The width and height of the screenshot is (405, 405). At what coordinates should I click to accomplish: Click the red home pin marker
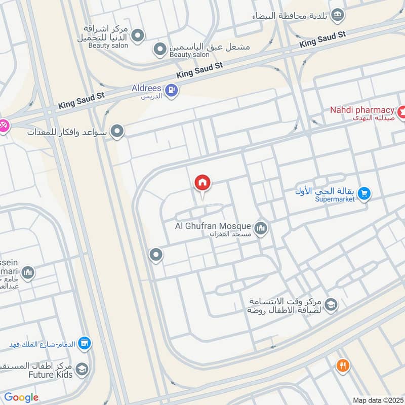[x=202, y=183]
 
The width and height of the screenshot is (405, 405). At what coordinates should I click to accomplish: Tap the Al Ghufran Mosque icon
[x=261, y=229]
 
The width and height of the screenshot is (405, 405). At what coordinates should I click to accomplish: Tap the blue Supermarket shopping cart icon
[x=363, y=193]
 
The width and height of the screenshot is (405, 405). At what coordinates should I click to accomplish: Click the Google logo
[x=21, y=397]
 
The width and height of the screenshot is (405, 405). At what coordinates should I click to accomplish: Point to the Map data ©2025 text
[x=377, y=400]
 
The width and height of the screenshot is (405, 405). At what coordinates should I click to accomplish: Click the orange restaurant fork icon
[x=343, y=365]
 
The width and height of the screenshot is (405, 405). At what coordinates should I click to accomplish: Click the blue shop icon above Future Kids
[x=85, y=344]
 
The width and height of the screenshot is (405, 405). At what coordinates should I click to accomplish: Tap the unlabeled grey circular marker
[x=156, y=255]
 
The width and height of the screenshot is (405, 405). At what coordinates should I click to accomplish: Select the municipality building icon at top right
[x=337, y=16]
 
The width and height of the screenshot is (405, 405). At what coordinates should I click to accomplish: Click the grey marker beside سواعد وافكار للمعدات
[x=117, y=132]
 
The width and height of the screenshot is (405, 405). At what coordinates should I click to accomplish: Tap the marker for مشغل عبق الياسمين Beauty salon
[x=160, y=49]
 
